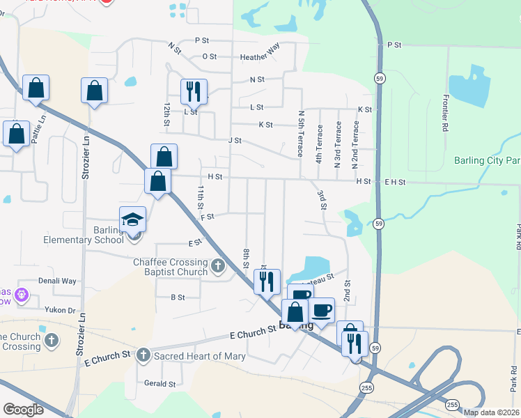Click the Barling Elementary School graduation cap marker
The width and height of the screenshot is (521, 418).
pyautogui.click(x=133, y=219)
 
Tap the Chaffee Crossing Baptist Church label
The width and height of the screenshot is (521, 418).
pyautogui.click(x=171, y=267)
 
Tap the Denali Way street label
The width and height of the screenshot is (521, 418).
pyautogui.click(x=59, y=281)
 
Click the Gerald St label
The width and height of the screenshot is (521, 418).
pyautogui.click(x=160, y=384)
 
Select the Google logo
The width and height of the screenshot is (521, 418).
pyautogui.click(x=24, y=410)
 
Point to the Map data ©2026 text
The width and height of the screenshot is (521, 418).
pyautogui.click(x=490, y=412)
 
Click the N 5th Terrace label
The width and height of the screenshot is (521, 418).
pyautogui.click(x=301, y=132)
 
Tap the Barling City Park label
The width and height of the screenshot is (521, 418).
pyautogui.click(x=487, y=160)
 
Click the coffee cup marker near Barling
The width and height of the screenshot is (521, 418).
pyautogui.click(x=321, y=310)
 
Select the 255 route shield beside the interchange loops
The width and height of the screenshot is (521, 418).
pyautogui.click(x=453, y=405)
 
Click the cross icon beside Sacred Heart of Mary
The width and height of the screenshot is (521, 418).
pyautogui.click(x=143, y=355)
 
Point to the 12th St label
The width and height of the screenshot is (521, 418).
pyautogui.click(x=166, y=115)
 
